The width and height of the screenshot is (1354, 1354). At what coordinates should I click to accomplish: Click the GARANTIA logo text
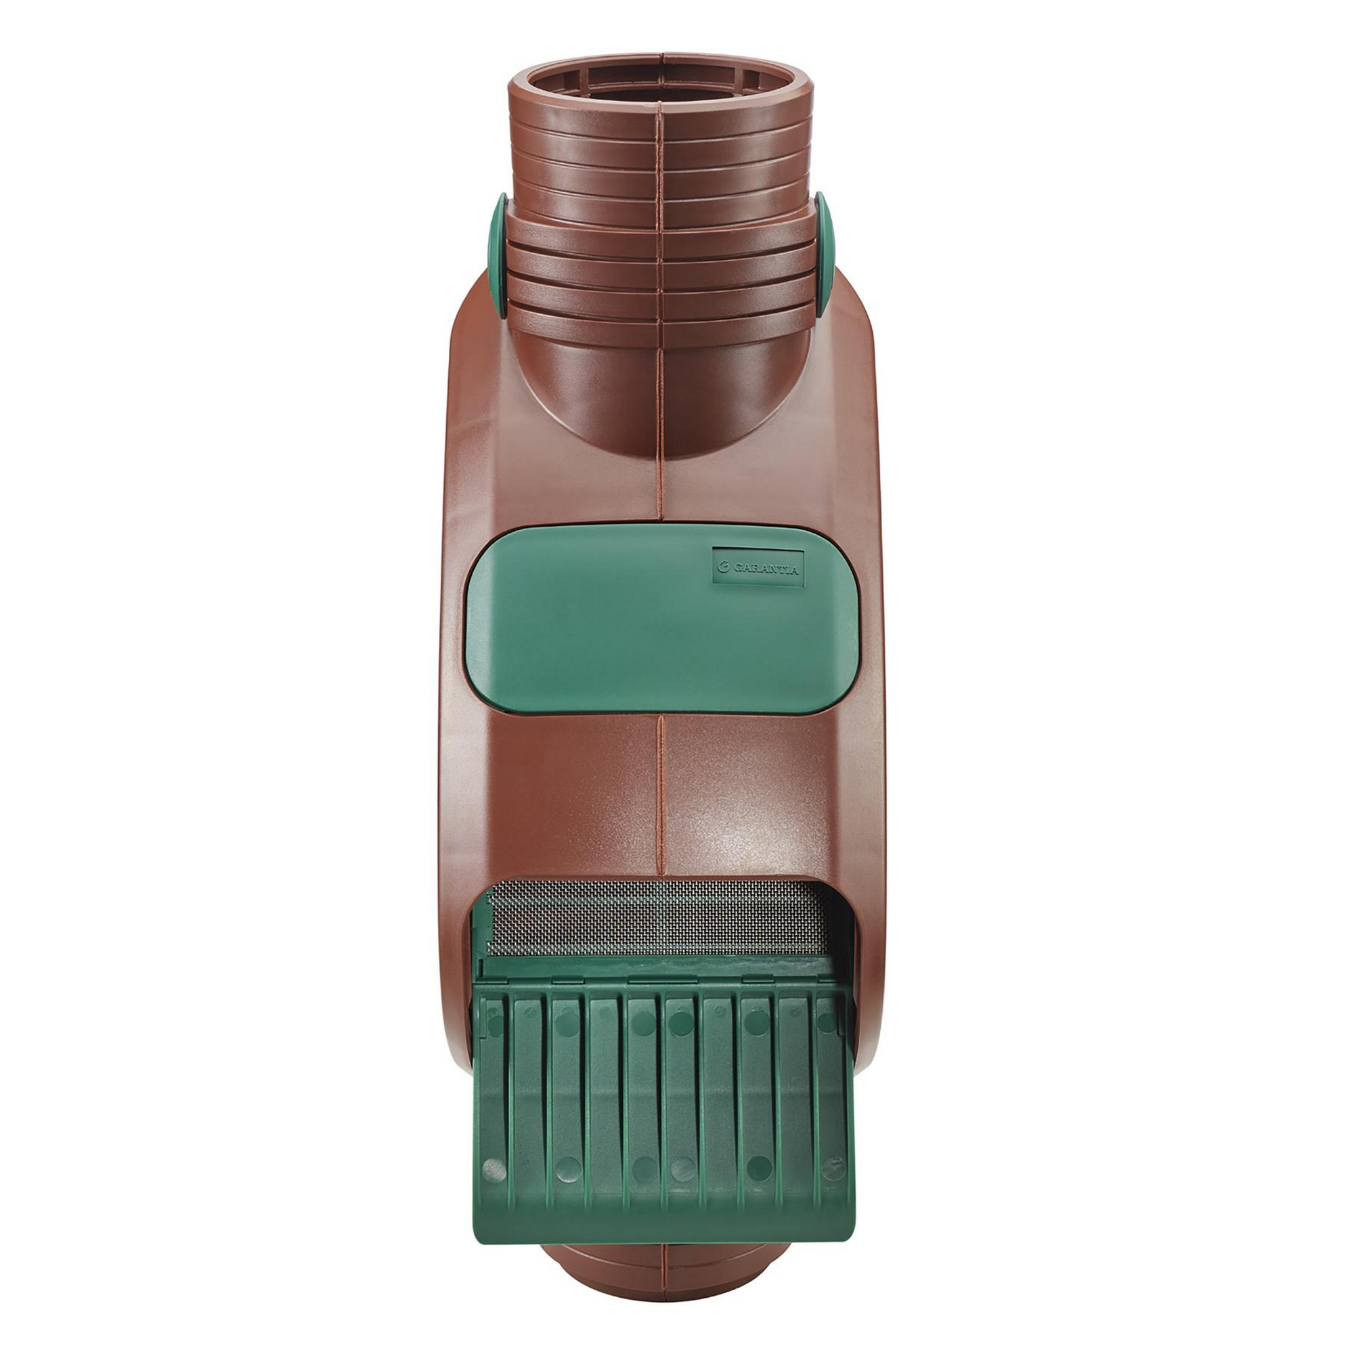coord(766,569)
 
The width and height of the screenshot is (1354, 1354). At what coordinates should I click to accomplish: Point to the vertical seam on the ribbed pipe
coord(660,211)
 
